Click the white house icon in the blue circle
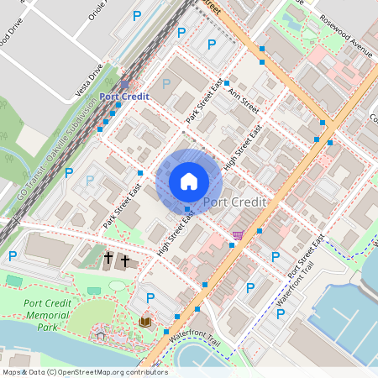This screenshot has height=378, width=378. tap(189, 181)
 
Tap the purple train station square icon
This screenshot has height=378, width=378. tap(124, 84)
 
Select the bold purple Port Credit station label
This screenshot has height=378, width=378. tap(124, 97)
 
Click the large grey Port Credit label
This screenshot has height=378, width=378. tap(234, 202)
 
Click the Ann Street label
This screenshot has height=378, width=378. tap(244, 101)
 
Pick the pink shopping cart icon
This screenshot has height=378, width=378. tap(239, 235)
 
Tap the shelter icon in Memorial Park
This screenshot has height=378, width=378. tap(101, 335)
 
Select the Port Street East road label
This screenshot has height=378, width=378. tap(306, 256)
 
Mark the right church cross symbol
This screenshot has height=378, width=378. tap(125, 261)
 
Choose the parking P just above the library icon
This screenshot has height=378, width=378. tap(150, 298)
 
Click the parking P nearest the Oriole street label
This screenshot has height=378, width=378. tap(137, 16)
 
